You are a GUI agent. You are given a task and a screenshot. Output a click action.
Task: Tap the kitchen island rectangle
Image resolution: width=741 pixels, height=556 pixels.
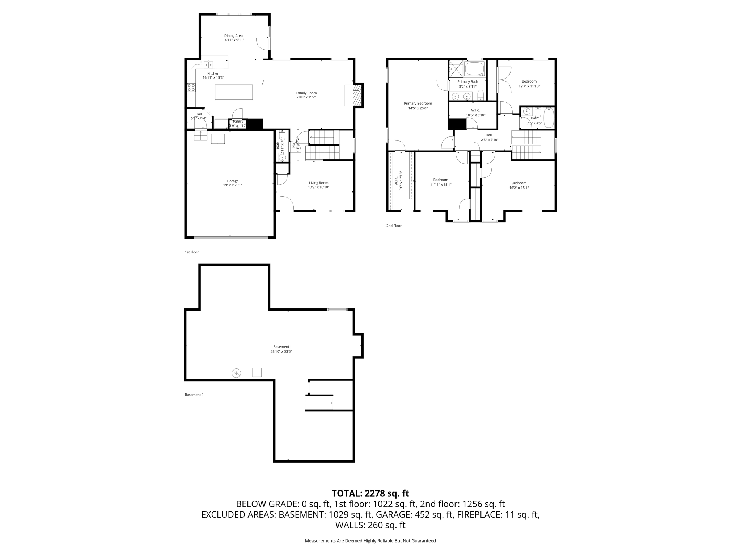point(234,92)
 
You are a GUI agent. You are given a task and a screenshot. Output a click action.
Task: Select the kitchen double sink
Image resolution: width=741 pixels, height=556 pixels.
point(208,65)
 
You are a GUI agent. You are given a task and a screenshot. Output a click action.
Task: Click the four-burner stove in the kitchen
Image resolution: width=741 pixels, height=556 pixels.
point(191,87)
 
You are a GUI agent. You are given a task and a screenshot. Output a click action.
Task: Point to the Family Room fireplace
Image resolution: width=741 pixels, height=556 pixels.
point(357,95)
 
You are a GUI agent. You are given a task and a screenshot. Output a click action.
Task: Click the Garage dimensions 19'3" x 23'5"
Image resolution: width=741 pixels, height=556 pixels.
point(233,185)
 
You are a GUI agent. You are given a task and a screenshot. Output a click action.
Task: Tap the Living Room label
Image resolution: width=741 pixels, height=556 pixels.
point(318,183)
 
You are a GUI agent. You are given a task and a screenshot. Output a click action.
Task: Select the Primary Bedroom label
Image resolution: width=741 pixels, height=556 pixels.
point(418,104)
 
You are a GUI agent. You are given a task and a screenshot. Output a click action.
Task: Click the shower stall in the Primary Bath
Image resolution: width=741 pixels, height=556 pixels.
point(456,69)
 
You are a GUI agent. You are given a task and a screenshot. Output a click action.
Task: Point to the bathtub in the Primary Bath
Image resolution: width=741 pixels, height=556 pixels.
point(475,69)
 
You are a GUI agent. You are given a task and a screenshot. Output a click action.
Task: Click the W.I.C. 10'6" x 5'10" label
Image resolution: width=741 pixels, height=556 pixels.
point(475,113)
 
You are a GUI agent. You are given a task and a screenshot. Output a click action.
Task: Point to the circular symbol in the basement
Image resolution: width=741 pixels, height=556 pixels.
point(236,373)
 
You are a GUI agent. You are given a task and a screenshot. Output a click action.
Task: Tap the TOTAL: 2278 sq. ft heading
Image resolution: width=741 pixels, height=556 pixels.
point(370,493)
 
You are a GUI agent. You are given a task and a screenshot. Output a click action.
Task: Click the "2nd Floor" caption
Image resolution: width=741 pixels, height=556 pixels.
point(394,226)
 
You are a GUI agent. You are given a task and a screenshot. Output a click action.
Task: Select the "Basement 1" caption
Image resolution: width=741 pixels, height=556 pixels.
point(194,395)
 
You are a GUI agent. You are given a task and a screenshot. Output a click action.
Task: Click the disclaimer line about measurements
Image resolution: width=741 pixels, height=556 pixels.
point(370,541)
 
